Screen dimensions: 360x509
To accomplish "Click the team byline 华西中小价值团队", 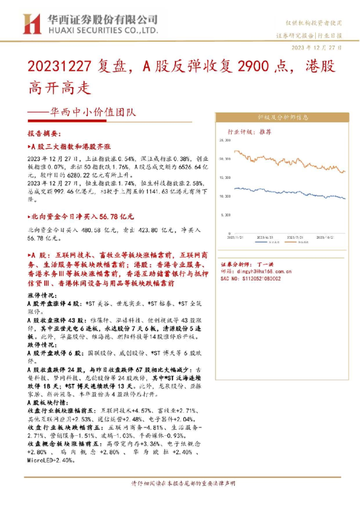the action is coord(90,111).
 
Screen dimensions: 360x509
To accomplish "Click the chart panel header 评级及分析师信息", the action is coord(283,118).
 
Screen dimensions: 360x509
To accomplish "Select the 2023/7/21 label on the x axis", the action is coord(297,237).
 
